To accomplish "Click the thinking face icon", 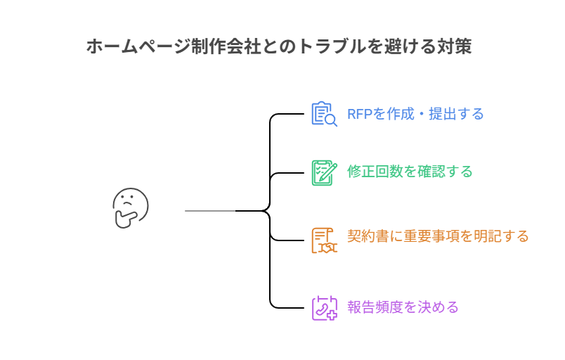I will [131, 209].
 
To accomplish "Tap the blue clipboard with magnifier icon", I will [324, 114].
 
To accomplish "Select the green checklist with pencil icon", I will [324, 172].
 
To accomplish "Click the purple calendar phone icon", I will [324, 308].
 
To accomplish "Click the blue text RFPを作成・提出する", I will [415, 114].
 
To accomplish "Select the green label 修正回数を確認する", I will [409, 172].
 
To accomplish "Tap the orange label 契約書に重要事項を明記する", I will [438, 236].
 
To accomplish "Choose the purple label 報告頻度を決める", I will [403, 307].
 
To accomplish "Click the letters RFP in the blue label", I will [359, 114].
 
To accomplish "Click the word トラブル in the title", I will [333, 46].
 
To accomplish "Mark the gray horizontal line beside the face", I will [209, 210].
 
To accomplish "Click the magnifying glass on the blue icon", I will [331, 121].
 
